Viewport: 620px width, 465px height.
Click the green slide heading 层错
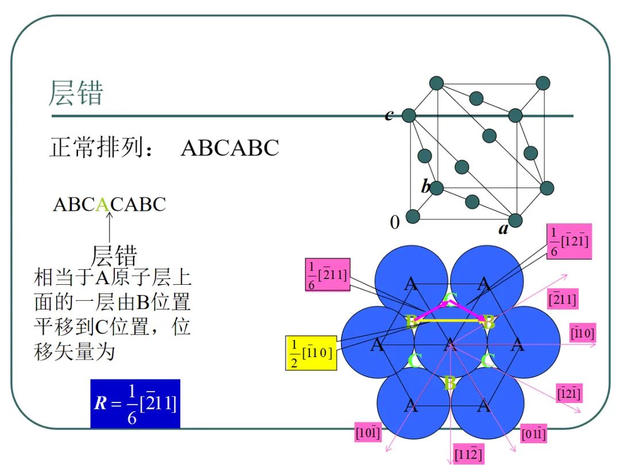coord(76,93)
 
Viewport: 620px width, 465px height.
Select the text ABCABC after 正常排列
coord(230,148)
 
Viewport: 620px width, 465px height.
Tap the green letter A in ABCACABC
coord(102,204)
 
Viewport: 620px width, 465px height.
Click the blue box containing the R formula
coord(135,404)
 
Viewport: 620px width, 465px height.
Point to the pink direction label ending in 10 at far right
coord(582,332)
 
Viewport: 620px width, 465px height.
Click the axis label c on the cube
coord(389,115)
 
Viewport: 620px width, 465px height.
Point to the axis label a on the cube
coord(503,230)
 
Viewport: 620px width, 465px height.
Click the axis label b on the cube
coord(425,187)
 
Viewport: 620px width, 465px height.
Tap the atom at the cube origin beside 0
coord(413,216)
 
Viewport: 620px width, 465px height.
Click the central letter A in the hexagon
coord(449,344)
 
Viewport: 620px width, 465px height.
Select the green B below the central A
coord(450,383)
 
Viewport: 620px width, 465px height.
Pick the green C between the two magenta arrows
coord(451,299)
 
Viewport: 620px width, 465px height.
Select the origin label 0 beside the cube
coord(394,222)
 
